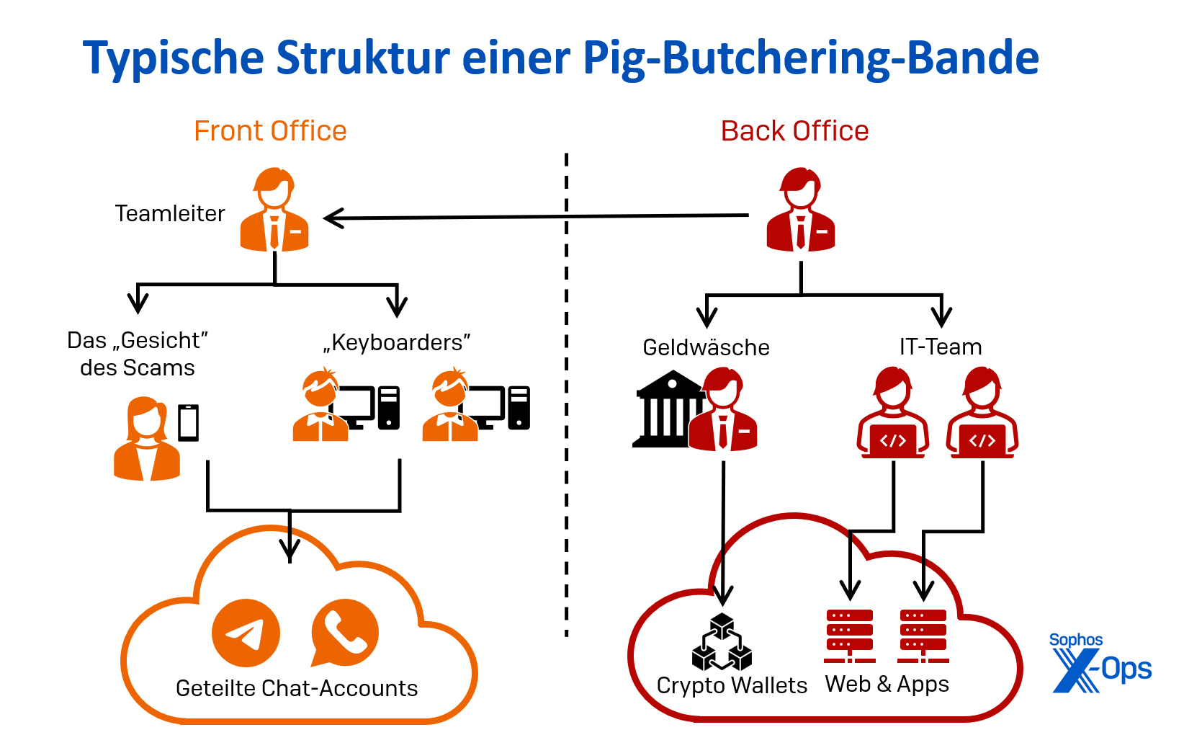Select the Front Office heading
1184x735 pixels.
coord(270,131)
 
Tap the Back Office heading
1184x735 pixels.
coord(794,131)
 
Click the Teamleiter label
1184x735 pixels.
coord(170,213)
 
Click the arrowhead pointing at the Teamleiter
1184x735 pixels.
coord(333,218)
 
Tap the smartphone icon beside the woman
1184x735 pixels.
coord(189,423)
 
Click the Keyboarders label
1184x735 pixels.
coord(397,342)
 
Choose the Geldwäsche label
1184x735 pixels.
coord(706,347)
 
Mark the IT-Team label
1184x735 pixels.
coord(940,347)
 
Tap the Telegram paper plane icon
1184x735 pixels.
coord(246,633)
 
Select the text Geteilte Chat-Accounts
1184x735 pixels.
coord(297,688)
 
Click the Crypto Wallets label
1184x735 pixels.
coord(732,685)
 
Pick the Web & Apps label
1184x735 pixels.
coord(887,683)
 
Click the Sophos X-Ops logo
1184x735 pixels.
coord(1100,663)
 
